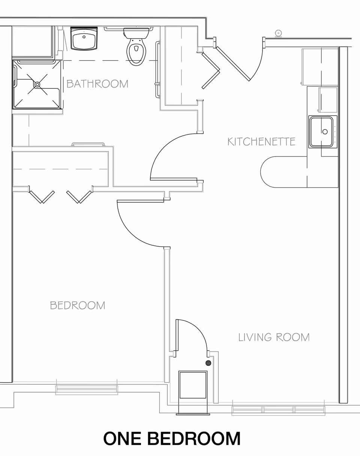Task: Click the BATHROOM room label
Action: pyautogui.click(x=97, y=83)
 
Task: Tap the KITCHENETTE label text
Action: pyautogui.click(x=261, y=141)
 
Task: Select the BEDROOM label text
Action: pyautogui.click(x=78, y=305)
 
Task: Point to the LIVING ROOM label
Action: pyautogui.click(x=274, y=337)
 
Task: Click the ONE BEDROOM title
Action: pyautogui.click(x=172, y=438)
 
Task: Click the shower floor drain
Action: pyautogui.click(x=37, y=84)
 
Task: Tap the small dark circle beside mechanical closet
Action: pyautogui.click(x=208, y=363)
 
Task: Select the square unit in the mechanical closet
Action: pyautogui.click(x=193, y=385)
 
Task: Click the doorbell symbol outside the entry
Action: pyautogui.click(x=278, y=33)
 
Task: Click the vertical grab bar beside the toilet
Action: pyautogui.click(x=157, y=64)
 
